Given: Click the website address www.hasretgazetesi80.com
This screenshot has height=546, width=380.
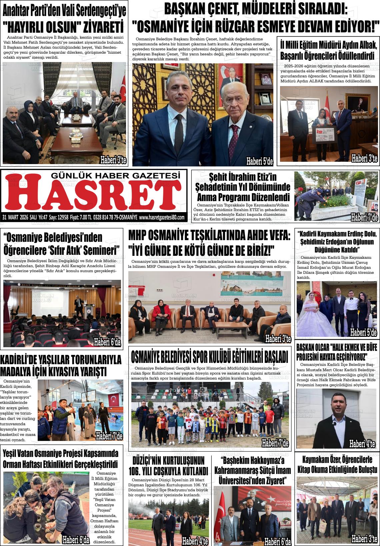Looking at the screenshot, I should click(161, 217).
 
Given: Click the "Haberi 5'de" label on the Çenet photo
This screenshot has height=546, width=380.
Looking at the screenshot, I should click(259, 162).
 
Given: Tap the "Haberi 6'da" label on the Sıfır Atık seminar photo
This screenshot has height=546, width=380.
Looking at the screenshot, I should click(107, 342).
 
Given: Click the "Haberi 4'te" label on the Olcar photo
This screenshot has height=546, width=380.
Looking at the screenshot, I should click(362, 444).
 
